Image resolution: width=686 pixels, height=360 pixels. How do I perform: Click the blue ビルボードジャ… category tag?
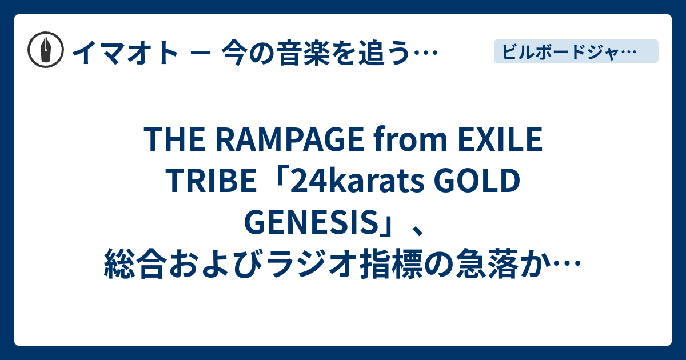[x=576, y=51]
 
